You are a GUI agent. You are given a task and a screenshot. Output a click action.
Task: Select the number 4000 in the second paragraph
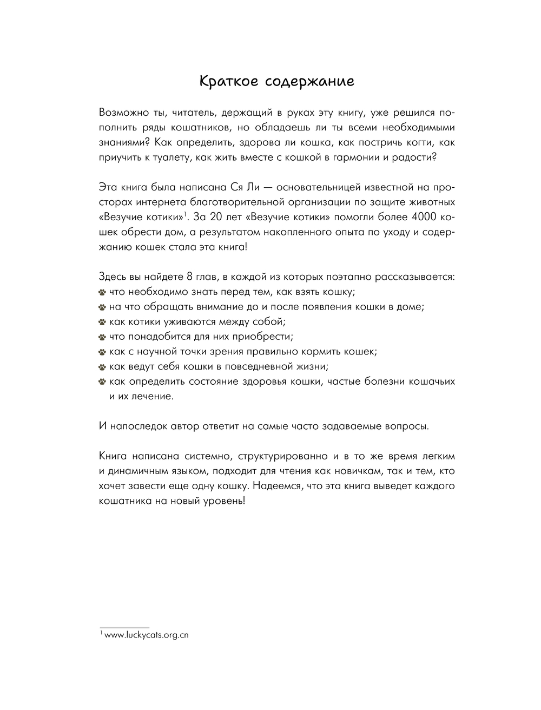tap(426, 217)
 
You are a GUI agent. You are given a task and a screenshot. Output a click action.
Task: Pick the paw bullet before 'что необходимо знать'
tap(102, 293)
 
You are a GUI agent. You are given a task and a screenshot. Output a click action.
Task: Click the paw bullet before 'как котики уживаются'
tap(102, 322)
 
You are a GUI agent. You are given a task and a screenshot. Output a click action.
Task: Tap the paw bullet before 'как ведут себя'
tap(102, 366)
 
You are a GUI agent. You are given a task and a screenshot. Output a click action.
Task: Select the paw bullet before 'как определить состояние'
tap(102, 382)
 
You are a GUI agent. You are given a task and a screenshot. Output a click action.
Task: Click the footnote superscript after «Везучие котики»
tap(184, 214)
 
